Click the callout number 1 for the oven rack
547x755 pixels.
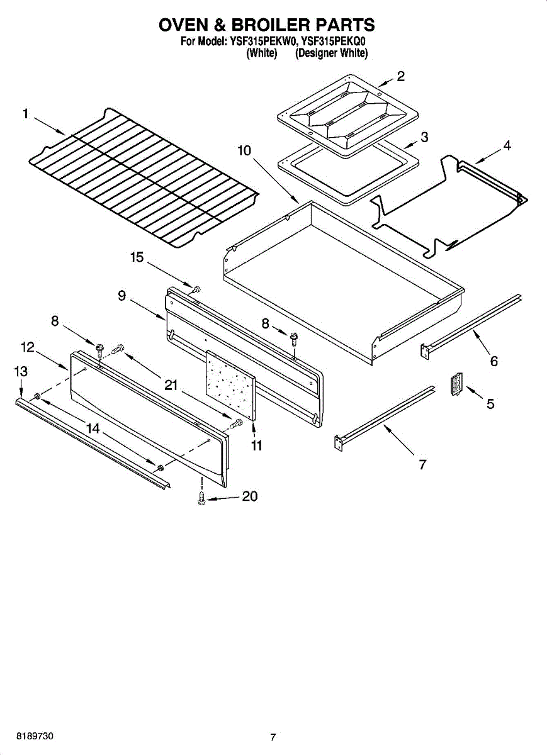(x=25, y=114)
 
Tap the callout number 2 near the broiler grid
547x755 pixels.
(x=400, y=77)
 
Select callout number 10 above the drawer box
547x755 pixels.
(x=244, y=151)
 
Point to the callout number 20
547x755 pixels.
(x=250, y=496)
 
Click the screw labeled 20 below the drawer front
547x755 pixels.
(x=202, y=498)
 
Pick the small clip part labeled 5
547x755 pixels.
(x=456, y=384)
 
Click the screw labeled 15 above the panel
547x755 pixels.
(x=195, y=289)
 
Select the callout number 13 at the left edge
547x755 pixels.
(x=21, y=372)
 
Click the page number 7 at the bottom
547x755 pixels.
(x=273, y=737)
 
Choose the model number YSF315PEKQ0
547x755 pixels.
(x=334, y=42)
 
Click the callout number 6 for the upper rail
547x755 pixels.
(x=494, y=361)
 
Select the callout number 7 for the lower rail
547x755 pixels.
(x=423, y=465)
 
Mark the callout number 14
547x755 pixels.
(x=93, y=428)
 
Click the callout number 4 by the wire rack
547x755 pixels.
(x=506, y=145)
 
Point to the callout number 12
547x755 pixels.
(x=27, y=347)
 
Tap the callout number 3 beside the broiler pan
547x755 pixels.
(x=424, y=137)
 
